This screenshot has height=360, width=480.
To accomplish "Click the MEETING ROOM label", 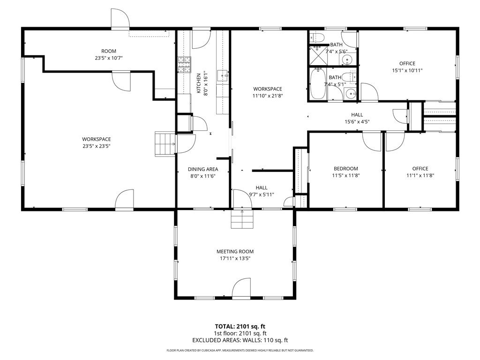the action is coord(235,252).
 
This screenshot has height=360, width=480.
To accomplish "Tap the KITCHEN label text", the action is coord(198,83).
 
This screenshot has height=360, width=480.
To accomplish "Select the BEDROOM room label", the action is coord(345,169).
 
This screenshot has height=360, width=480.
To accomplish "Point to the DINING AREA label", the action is coord(203,169).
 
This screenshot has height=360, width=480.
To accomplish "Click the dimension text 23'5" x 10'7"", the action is coord(109,58).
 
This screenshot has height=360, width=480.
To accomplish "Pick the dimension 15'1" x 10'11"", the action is coord(407,70).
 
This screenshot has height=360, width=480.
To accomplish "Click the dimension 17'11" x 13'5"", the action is coord(235,258).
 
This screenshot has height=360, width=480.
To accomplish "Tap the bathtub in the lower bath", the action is coord(317,83).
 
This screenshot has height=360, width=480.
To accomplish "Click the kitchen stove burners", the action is coord(184,65).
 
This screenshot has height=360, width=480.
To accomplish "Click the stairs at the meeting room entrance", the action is coord(242,219).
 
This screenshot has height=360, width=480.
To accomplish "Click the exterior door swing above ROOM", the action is coord(120,19).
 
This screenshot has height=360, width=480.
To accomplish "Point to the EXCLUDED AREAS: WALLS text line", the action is coord(240,340).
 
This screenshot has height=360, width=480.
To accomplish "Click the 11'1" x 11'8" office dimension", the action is coord(420,175).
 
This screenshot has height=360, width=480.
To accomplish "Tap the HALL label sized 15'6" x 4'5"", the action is coord(357,115).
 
